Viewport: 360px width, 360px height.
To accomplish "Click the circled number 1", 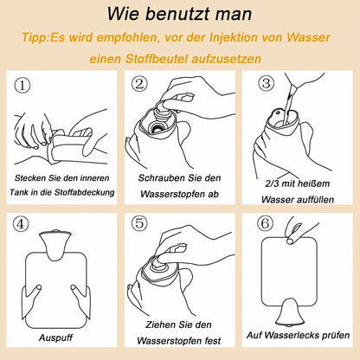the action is tap(22, 85).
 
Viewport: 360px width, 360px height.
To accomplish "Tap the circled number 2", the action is tap(139, 84).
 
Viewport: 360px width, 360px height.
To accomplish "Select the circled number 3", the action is tap(266, 83).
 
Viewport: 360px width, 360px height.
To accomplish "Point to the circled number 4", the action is tap(21, 224).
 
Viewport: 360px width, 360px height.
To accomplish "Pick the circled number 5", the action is tap(139, 223).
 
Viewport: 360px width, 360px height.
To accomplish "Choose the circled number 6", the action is tap(266, 223).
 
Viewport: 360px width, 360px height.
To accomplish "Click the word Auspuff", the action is tap(56, 337).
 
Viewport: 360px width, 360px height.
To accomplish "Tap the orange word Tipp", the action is tap(33, 38).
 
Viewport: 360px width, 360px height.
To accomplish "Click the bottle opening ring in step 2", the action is tap(157, 126).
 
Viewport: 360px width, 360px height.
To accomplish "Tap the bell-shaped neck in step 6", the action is tap(289, 312).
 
